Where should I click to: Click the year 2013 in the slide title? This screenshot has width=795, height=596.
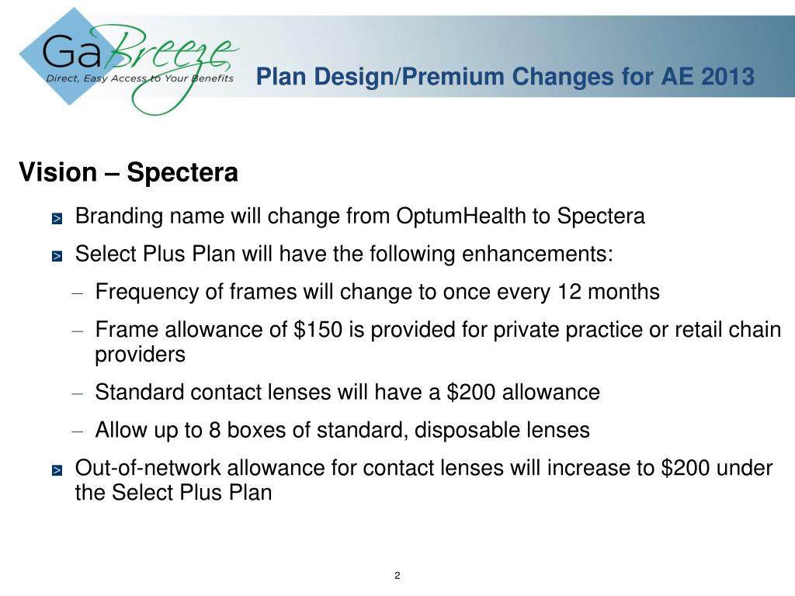click(727, 77)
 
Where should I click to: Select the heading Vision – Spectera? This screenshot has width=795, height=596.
click(128, 172)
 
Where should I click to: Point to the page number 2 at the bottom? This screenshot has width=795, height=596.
click(397, 575)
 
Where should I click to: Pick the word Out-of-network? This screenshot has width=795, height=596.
click(137, 469)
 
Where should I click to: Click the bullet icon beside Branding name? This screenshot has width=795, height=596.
click(57, 219)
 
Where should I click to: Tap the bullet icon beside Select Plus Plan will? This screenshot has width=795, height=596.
click(57, 257)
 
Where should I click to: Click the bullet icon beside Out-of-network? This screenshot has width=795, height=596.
click(57, 471)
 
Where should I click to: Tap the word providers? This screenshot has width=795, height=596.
click(141, 355)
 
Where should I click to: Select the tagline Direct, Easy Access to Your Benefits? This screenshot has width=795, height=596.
click(140, 78)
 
